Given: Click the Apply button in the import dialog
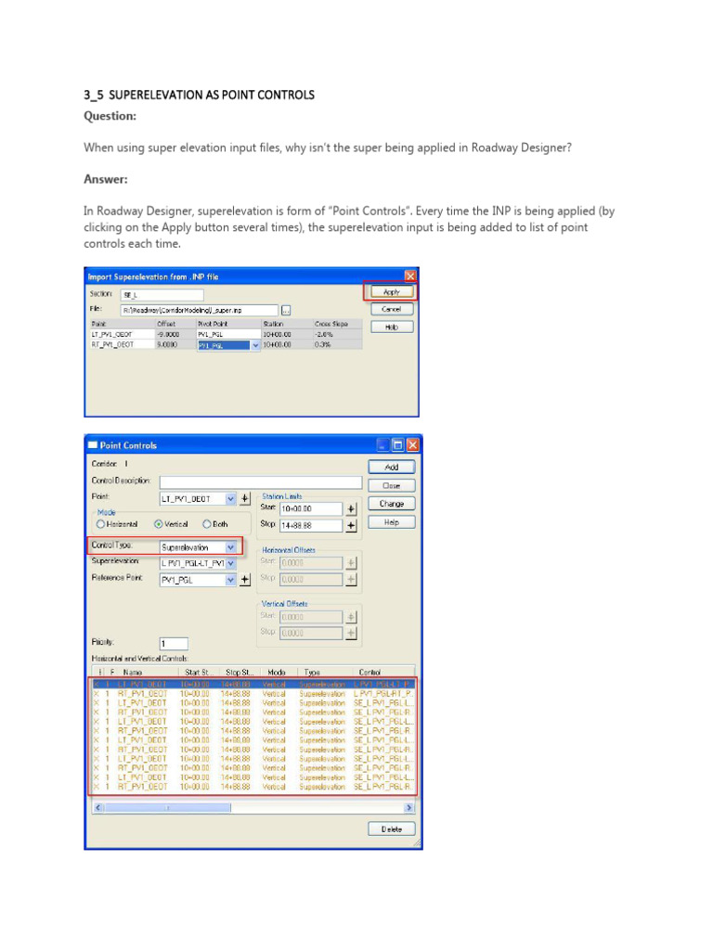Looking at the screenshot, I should point(391,291).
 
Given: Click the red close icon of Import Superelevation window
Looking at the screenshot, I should point(410,276).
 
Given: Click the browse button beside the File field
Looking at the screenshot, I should point(286,310).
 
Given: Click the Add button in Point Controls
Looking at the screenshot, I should point(391,468).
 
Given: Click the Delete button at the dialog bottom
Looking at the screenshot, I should point(391,829).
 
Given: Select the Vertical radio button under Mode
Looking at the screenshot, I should point(159,524).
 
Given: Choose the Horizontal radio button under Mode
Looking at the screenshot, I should point(101,524).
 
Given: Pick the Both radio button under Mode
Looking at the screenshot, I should point(207,524).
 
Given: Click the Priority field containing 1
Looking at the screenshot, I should point(174,643).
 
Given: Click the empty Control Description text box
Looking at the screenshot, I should point(260,482).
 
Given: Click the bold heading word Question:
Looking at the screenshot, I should point(110,117).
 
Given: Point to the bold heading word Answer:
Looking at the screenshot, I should point(106,178).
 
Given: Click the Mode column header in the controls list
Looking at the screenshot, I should point(277,672).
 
